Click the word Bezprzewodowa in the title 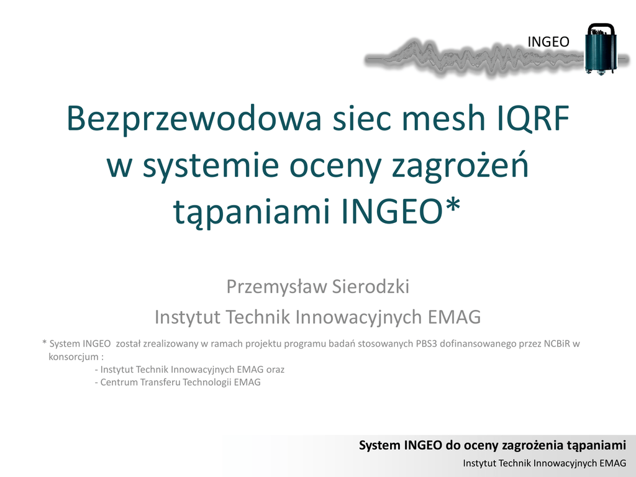click(x=194, y=118)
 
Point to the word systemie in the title click(x=211, y=166)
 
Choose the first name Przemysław click(x=276, y=287)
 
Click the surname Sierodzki click(x=371, y=286)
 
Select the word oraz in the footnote click(x=275, y=370)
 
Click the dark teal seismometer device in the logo click(x=601, y=48)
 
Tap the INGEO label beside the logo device click(x=548, y=42)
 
